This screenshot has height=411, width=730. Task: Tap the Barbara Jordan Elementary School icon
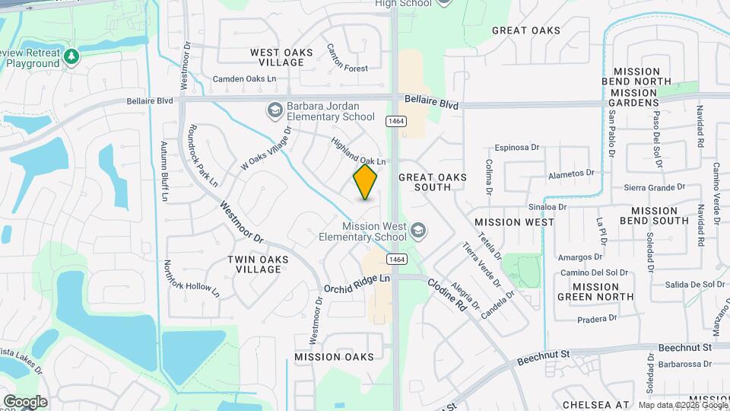coord(274,111)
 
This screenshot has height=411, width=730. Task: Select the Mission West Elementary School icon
coord(417,231)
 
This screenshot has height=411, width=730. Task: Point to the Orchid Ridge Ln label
coord(357,285)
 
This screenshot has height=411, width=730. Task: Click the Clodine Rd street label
coord(446,294)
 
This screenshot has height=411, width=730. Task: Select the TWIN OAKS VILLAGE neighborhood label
coord(259,264)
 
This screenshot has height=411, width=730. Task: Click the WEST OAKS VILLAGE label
coord(281,57)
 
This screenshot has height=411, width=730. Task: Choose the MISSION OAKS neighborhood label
coord(334,357)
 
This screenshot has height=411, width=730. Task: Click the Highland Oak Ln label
coord(359,151)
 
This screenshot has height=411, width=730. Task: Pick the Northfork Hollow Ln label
coord(191,279)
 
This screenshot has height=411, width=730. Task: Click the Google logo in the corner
coord(25,401)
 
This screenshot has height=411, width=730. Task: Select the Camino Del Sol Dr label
coord(594,272)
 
